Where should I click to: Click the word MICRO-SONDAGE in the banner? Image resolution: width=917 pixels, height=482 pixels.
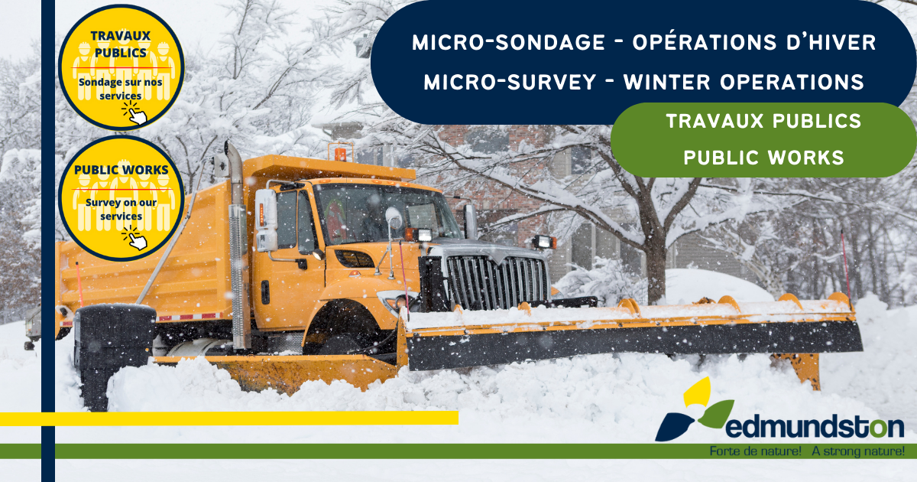tap(508, 43)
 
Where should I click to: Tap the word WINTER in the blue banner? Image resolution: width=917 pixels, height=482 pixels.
tap(667, 82)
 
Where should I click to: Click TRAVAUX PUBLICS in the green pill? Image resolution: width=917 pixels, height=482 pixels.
tap(764, 122)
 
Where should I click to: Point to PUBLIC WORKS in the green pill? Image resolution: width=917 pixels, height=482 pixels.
tap(764, 158)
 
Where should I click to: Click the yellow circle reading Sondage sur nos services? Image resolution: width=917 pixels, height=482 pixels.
tap(122, 67)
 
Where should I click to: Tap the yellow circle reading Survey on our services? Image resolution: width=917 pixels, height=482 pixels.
tap(122, 198)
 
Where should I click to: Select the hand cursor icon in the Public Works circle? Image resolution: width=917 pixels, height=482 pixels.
tap(135, 238)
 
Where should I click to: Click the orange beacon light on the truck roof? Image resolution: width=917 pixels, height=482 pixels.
tap(340, 152)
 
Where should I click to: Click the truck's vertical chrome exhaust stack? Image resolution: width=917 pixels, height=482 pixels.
tap(238, 246)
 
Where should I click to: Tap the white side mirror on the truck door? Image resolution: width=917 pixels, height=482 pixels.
tap(267, 220)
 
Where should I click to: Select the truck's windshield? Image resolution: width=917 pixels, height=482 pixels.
tap(387, 214)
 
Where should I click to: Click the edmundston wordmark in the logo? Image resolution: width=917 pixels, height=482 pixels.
tap(815, 427)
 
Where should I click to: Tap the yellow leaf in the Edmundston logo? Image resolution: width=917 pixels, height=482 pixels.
tap(697, 392)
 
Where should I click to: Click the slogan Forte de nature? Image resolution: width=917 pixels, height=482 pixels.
tap(755, 451)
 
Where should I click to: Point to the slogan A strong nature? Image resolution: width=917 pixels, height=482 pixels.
tap(858, 451)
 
